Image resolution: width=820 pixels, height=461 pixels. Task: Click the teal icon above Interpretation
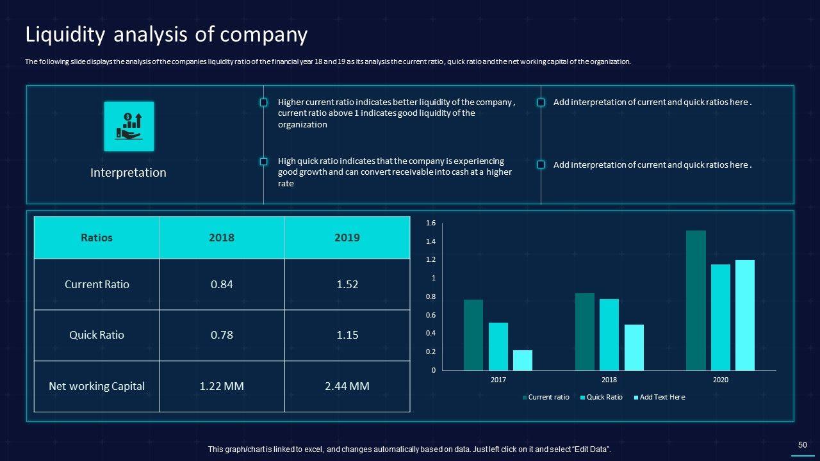coord(129,126)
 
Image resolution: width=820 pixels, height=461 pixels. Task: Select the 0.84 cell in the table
coord(222,284)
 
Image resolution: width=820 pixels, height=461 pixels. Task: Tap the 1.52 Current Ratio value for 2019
coord(347,284)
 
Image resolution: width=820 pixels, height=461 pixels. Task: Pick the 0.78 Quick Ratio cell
coord(222,335)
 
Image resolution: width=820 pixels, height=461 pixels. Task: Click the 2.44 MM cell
coord(347,386)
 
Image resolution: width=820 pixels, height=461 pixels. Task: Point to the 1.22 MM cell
coord(222,386)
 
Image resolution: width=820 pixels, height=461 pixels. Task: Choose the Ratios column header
coord(97,238)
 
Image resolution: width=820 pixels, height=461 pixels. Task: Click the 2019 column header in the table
coord(347,238)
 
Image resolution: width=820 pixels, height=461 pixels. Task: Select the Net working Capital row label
coord(97,386)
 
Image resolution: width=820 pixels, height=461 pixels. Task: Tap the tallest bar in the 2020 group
coord(696,300)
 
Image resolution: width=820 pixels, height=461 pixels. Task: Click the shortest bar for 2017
coord(523,360)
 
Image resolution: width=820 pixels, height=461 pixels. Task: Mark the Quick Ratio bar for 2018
coord(609,335)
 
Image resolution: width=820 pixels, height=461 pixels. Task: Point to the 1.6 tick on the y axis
coord(430,223)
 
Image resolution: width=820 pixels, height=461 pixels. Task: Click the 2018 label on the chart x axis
coord(609,380)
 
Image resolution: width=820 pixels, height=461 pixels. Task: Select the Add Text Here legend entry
coord(662,397)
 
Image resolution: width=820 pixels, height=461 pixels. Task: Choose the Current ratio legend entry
coord(548,397)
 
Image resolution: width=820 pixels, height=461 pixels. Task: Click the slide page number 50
coord(802,444)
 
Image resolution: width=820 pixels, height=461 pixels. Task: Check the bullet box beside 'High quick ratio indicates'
coord(263,162)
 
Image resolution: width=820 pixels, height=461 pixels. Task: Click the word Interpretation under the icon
coord(128,173)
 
